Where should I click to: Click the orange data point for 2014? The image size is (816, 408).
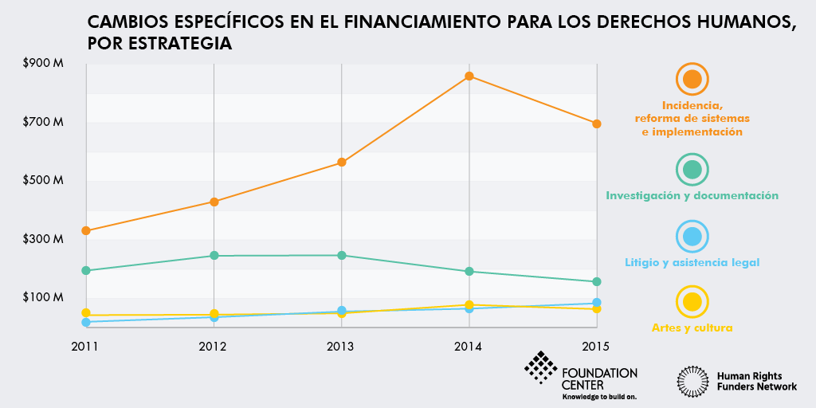point(469,76)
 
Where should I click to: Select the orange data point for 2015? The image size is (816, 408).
point(596,124)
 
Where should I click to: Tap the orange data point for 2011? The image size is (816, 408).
point(85,231)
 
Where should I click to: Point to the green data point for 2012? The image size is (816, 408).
point(214,256)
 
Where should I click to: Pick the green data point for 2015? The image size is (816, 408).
point(596,281)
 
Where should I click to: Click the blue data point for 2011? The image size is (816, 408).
point(85,322)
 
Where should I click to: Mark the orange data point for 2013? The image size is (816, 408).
point(341,163)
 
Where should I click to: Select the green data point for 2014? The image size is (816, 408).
point(469,272)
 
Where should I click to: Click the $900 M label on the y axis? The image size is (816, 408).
point(44,63)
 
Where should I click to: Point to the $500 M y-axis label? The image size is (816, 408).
point(44,180)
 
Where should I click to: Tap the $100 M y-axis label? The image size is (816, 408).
point(44,297)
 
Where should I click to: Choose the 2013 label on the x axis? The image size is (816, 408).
point(341,347)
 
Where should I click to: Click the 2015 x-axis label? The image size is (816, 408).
point(596,347)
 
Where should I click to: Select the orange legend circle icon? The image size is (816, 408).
point(692,80)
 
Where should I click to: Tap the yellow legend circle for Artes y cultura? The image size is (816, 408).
point(692,303)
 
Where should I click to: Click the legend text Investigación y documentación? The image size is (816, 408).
point(692,195)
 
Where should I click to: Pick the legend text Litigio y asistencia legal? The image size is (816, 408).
point(692,262)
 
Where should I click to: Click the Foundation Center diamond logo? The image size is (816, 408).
point(541,367)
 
